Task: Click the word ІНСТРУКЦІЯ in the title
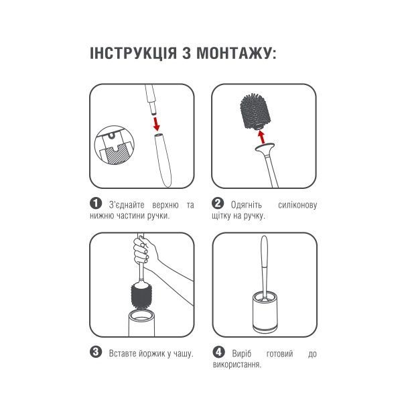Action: pos(133,53)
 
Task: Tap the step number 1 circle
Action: pos(96,204)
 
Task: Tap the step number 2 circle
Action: pos(218,204)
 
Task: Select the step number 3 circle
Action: pos(96,352)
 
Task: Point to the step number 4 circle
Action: pos(218,352)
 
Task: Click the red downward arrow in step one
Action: pos(156,124)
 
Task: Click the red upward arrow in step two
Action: pos(261,137)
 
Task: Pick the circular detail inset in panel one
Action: pos(115,145)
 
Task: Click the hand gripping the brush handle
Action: pos(144,249)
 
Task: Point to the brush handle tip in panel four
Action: pos(264,237)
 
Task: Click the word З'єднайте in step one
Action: pos(127,205)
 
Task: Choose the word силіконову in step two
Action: pos(297,205)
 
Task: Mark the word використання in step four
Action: pos(237,364)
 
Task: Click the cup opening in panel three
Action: pos(141,314)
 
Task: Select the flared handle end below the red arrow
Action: pos(265,148)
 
